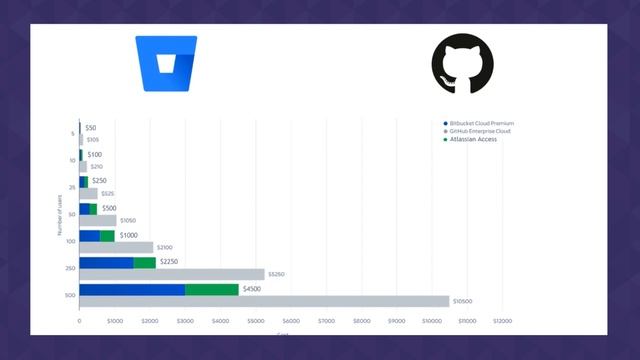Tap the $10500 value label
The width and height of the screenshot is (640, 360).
[x=462, y=301]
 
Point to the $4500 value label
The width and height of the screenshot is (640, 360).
[x=254, y=289]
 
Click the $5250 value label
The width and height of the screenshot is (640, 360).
[x=276, y=274]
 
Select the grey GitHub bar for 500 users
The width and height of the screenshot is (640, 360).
[x=264, y=301]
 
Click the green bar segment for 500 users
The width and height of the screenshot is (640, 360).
[x=211, y=289]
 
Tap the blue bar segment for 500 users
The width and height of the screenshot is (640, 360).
[x=132, y=289]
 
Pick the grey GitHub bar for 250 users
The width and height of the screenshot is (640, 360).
[x=172, y=274]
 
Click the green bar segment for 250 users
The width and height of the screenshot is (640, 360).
[x=144, y=262]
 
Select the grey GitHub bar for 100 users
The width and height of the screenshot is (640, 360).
[x=116, y=247]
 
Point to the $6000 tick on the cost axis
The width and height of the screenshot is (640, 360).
[x=291, y=321]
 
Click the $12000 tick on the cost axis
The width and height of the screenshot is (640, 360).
[x=502, y=321]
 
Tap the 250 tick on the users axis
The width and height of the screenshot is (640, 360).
[x=71, y=268]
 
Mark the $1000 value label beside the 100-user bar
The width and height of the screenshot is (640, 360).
[x=128, y=235]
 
